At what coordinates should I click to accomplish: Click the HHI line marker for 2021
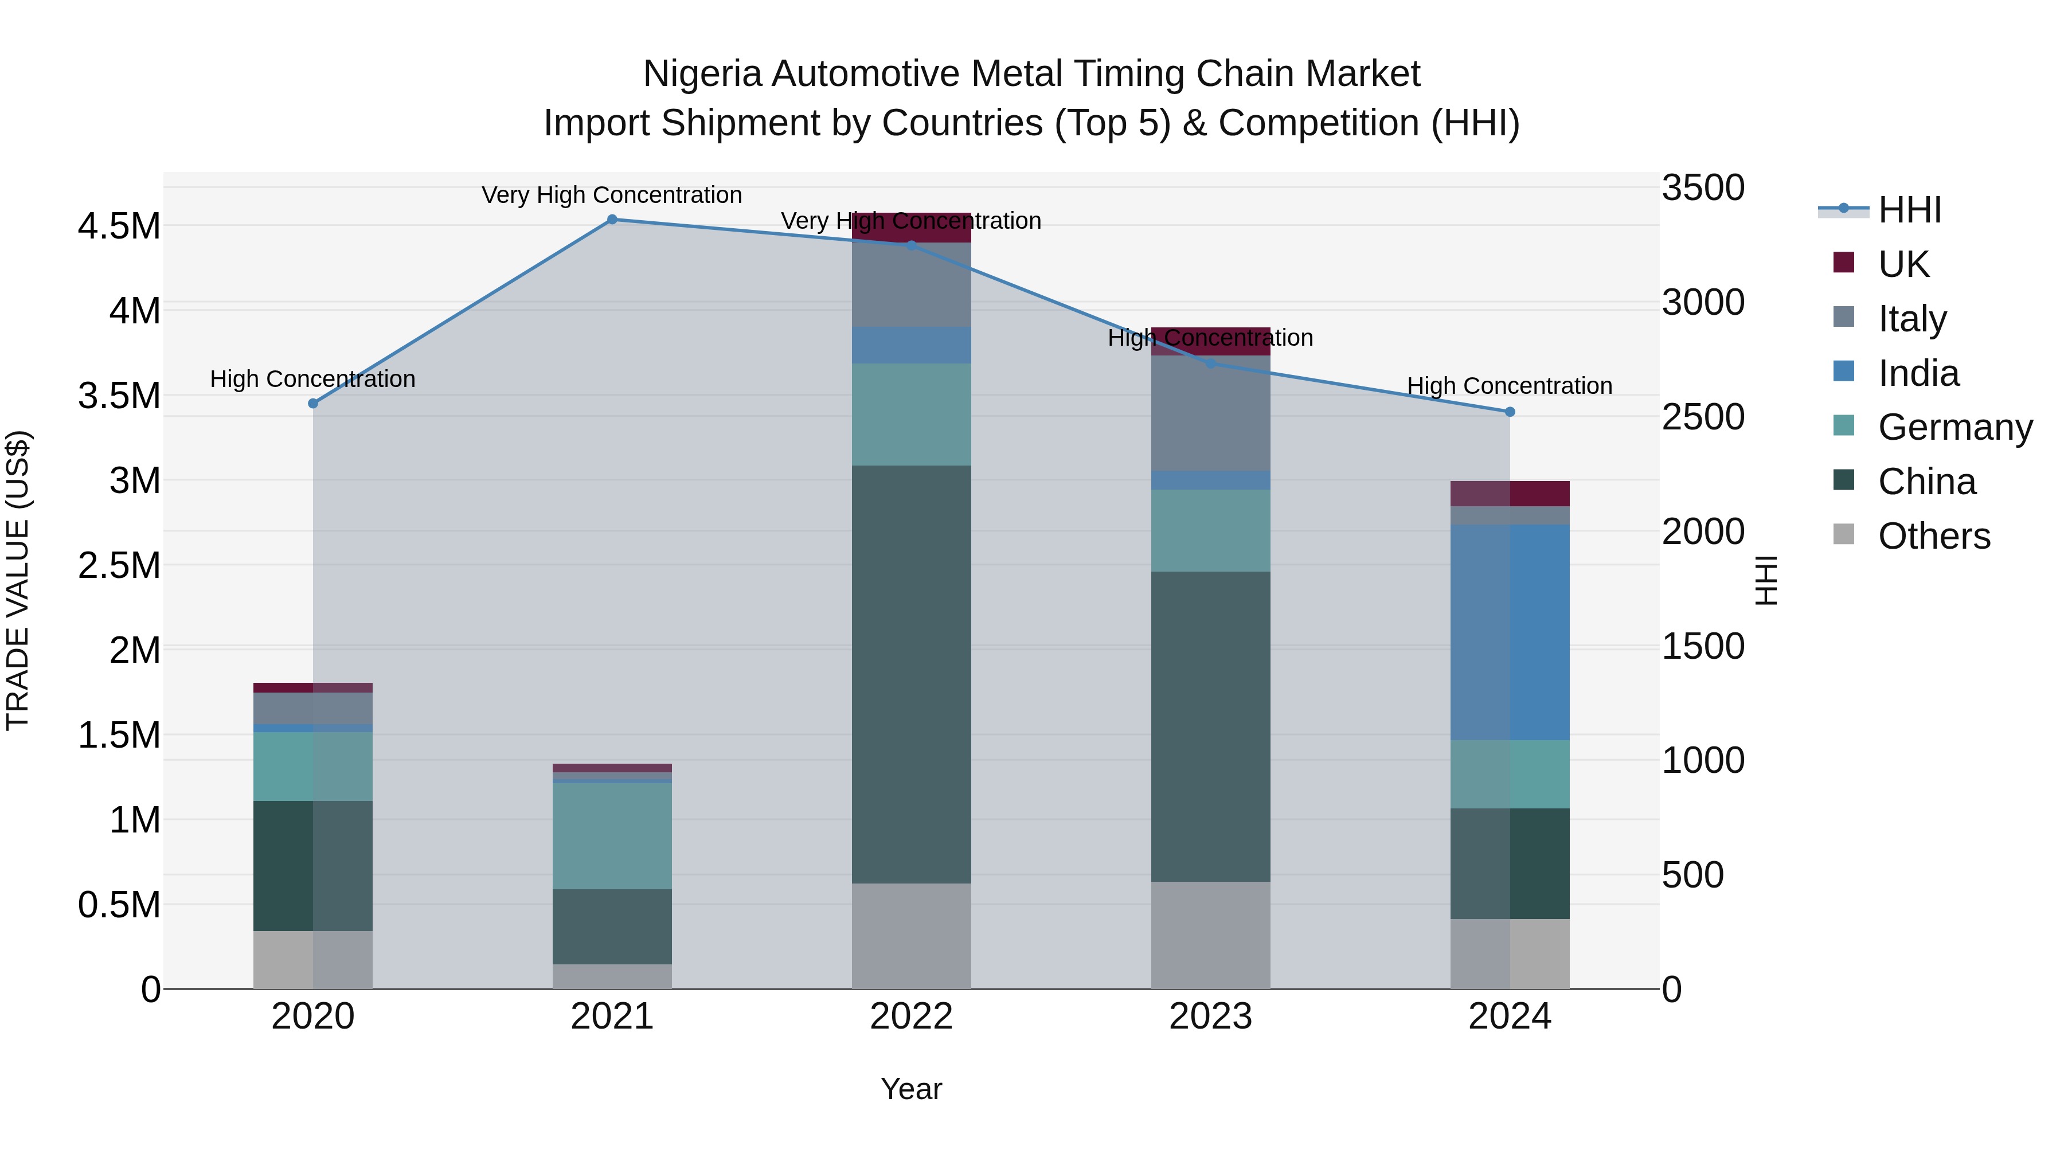click(x=612, y=220)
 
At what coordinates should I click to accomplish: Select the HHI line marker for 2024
click(x=1510, y=412)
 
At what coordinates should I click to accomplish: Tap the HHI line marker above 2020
click(x=313, y=404)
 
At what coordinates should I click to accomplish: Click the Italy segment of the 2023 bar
click(x=1211, y=413)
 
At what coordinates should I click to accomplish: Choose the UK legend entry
click(x=1903, y=264)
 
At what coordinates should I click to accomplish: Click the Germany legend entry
click(x=1954, y=427)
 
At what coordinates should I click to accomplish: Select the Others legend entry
click(x=1933, y=536)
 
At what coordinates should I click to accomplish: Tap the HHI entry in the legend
click(x=1909, y=210)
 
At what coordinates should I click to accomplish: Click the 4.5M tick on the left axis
click(x=119, y=226)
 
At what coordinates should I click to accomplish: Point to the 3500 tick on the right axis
click(x=1703, y=188)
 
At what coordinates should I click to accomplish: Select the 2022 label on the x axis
click(x=911, y=1017)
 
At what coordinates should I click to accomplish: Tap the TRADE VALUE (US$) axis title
click(x=18, y=580)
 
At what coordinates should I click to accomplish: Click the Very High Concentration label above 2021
click(x=612, y=196)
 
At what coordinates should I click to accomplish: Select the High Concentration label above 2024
click(x=1510, y=386)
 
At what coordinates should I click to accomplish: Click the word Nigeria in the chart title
click(x=702, y=75)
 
